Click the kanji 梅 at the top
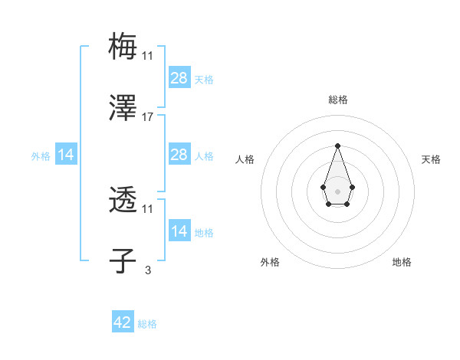123,46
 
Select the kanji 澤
123,109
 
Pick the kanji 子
123,262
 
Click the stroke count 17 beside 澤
148,117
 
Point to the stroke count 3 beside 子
148,270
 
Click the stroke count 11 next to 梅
148,55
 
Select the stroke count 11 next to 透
148,208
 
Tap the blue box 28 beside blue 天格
179,78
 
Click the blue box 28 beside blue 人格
179,155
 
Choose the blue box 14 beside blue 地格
179,231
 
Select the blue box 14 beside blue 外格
66,155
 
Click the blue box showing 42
123,322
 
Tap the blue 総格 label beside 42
147,324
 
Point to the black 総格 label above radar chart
337,100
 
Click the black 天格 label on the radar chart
432,159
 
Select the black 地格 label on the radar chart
402,262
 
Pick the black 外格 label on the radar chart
270,262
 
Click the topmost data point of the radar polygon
337,146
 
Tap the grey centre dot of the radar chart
337,191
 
